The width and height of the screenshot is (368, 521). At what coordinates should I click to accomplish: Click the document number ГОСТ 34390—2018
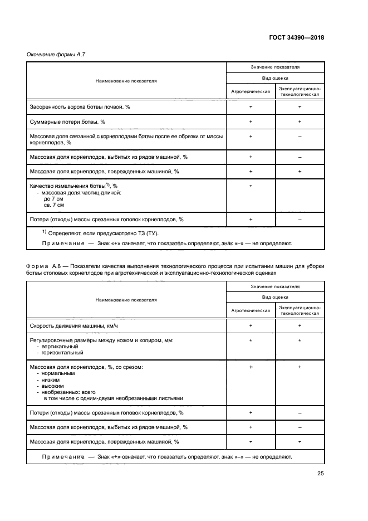click(296, 38)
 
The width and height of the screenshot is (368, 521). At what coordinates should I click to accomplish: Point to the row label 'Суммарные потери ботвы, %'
click(67, 121)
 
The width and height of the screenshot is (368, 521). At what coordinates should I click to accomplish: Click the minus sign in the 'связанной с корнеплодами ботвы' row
click(300, 136)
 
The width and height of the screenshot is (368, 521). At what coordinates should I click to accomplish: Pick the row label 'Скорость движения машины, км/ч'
click(74, 325)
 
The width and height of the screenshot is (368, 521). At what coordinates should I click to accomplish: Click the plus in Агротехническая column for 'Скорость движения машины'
click(251, 325)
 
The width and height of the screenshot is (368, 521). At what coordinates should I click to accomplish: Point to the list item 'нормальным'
click(56, 373)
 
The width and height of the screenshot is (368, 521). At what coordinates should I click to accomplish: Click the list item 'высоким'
click(53, 386)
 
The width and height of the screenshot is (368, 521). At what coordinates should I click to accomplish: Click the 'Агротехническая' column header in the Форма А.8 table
click(251, 310)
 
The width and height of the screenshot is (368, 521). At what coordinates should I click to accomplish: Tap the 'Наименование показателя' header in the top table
click(126, 81)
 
